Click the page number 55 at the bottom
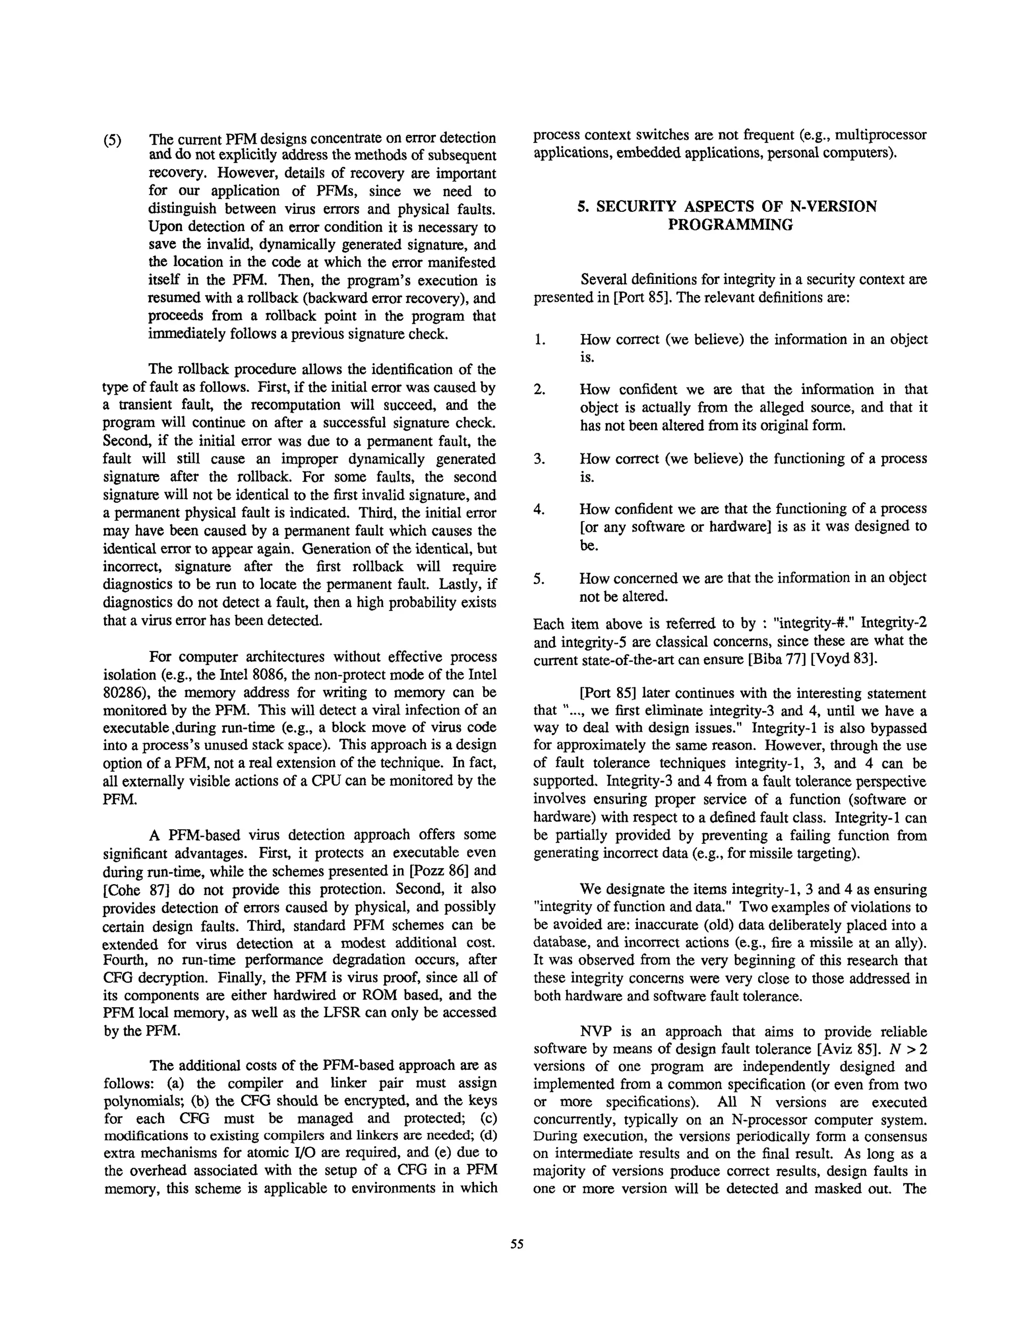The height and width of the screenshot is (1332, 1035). tap(516, 1245)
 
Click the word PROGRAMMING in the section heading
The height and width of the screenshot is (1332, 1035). tap(730, 225)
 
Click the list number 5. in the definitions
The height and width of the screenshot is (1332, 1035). tap(539, 578)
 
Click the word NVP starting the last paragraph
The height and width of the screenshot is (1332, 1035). tap(597, 1031)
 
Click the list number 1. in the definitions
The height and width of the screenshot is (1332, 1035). tap(539, 340)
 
